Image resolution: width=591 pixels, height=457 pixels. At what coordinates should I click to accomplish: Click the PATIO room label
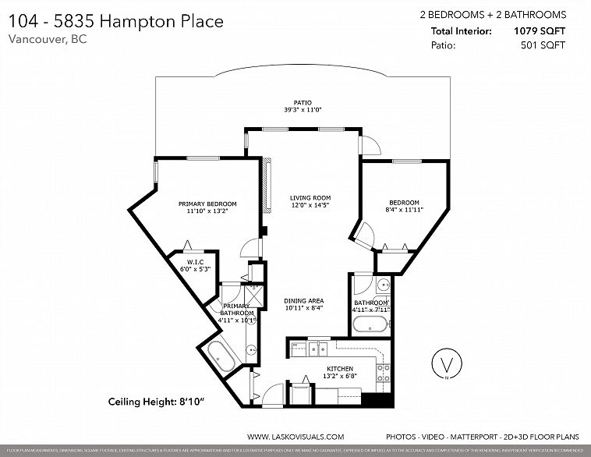coord(303,102)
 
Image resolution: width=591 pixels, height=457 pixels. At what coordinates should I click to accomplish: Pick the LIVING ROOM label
coord(306,198)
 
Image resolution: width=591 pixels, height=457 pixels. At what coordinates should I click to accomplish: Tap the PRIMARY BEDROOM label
coord(207,204)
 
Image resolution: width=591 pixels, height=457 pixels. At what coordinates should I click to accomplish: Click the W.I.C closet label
coord(195,261)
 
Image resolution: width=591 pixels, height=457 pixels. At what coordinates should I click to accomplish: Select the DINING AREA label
coord(305,301)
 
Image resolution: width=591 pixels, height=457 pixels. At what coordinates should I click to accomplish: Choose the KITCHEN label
coord(340,369)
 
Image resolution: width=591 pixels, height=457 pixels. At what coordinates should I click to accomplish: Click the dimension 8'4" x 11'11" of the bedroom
coord(404,210)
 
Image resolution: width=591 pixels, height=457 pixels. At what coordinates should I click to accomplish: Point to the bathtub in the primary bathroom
coord(221,357)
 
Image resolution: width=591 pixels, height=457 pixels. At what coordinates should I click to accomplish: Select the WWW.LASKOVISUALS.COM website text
coord(295,438)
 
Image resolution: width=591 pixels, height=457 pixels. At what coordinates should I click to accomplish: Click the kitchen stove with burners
coord(383,374)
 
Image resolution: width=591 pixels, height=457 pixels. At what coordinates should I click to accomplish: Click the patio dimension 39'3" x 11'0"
coord(303,110)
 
